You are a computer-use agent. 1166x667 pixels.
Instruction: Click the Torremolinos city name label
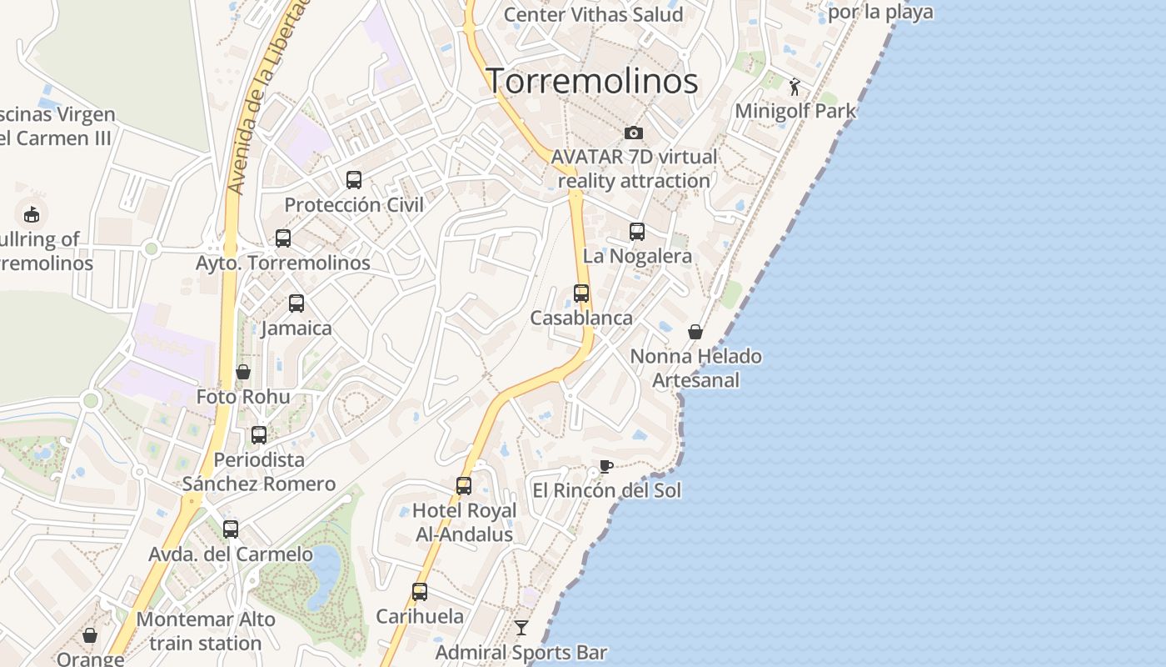591,81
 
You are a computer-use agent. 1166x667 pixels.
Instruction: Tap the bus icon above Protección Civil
354,179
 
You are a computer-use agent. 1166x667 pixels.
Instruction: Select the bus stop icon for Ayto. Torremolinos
283,238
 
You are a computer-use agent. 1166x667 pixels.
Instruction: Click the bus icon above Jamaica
296,303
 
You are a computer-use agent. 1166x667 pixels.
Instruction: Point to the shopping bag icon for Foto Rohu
243,372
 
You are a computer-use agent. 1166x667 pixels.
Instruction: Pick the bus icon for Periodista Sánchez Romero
259,434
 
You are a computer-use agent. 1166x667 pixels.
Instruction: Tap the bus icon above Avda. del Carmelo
231,529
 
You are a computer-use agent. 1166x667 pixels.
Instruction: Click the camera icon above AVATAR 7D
634,133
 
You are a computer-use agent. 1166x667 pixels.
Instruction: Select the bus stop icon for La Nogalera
637,231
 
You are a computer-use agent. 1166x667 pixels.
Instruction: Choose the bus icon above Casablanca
581,293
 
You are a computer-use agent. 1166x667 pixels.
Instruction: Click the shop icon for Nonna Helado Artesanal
695,332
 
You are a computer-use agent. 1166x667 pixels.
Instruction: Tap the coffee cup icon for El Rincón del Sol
606,466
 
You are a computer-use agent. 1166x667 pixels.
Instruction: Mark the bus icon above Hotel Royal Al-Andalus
464,485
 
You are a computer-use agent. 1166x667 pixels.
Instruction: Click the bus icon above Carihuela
420,591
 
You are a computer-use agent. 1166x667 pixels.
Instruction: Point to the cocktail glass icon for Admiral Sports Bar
521,627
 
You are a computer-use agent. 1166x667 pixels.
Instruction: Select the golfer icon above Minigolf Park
795,86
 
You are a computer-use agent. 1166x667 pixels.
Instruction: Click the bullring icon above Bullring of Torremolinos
32,214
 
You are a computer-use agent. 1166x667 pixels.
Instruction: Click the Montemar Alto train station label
206,631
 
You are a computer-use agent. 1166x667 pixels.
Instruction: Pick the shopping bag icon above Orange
90,635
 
